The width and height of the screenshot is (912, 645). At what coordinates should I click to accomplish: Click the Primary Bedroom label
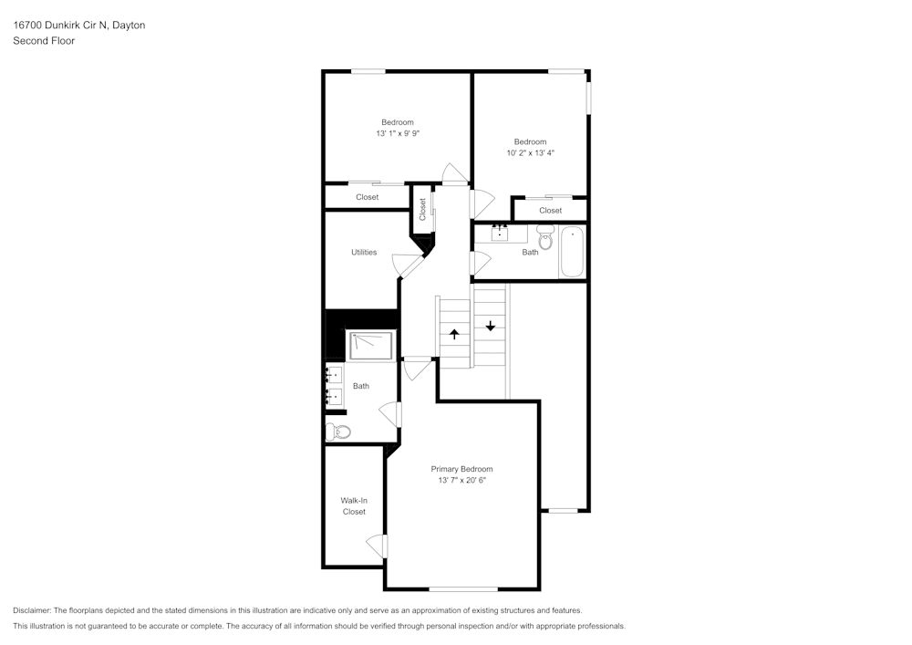(461, 469)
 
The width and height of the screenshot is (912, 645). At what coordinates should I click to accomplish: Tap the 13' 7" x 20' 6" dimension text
(461, 480)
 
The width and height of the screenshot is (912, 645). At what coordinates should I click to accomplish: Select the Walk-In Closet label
(354, 506)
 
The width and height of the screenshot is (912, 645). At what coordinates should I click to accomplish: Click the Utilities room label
(364, 252)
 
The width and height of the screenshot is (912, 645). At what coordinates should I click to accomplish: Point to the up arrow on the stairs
(454, 334)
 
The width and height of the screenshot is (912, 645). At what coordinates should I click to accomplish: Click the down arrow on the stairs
(491, 325)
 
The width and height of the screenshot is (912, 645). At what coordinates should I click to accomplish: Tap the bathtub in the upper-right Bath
(573, 252)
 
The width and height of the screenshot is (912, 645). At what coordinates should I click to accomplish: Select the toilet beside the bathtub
(545, 239)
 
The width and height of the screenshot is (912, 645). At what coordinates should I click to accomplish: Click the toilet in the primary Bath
(337, 432)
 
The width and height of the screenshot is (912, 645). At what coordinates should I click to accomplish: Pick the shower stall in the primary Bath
(372, 346)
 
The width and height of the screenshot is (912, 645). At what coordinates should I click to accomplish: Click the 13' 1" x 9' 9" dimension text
(397, 133)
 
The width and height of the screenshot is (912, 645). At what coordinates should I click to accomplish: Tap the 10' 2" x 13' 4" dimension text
(530, 153)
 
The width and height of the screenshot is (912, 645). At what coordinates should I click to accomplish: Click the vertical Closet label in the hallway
(422, 210)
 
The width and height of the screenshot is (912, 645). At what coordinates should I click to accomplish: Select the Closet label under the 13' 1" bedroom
(367, 197)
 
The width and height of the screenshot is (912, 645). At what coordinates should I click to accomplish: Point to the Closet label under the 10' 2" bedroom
(550, 211)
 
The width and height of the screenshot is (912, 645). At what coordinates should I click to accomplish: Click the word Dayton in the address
(129, 26)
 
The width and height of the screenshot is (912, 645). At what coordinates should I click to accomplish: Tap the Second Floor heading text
(44, 41)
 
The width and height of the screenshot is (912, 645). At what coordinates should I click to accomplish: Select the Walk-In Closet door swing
(376, 547)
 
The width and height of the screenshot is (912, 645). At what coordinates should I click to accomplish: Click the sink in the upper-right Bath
(500, 233)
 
